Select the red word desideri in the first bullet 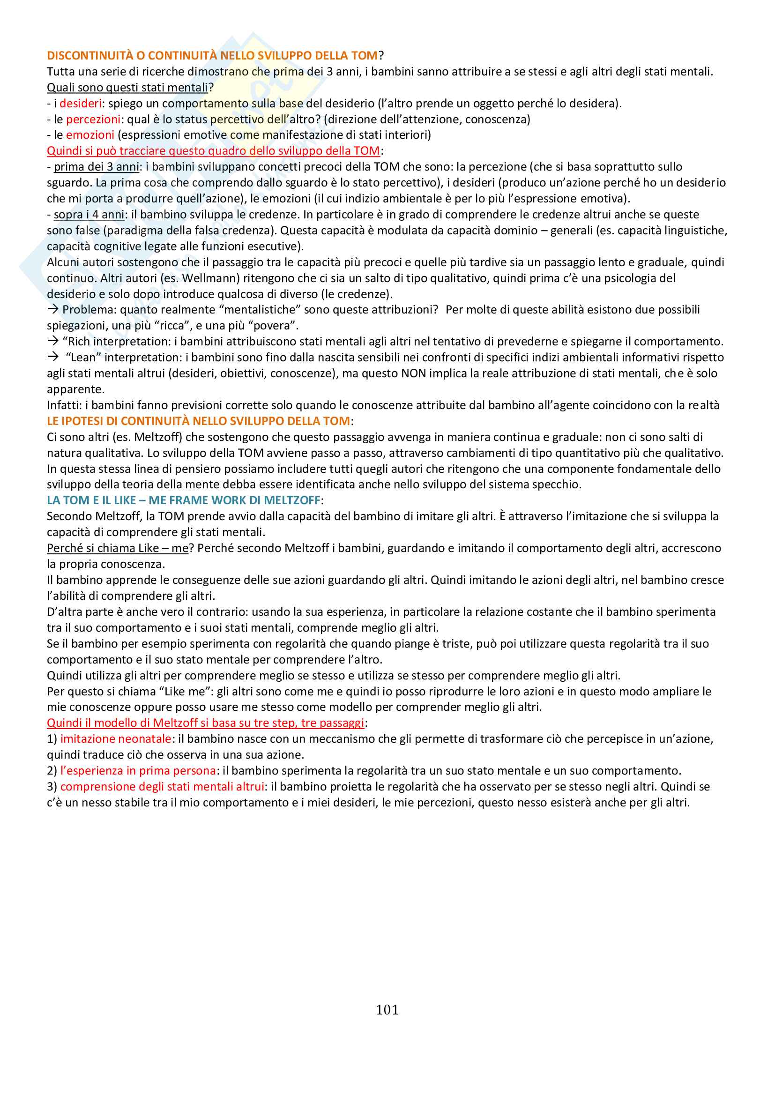pos(80,104)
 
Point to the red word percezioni pos(93,119)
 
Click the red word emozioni pos(89,135)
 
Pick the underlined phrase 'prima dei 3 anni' pos(97,167)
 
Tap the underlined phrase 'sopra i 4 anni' pos(89,215)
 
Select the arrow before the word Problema pos(52,310)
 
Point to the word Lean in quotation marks pos(82,358)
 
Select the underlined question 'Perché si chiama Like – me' pos(118,549)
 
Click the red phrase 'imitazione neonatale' pos(115,739)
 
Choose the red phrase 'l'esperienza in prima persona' pos(138,771)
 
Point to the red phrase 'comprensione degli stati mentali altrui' pos(162,787)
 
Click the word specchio pos(559,485)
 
